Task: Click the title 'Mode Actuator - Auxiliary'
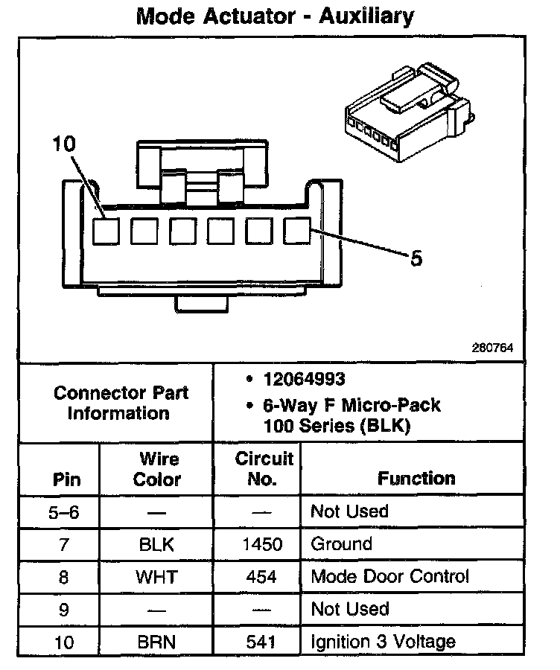click(275, 16)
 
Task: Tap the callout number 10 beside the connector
click(64, 144)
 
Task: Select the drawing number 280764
click(492, 348)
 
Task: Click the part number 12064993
click(304, 380)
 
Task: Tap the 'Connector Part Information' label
click(121, 403)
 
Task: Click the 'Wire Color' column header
click(156, 469)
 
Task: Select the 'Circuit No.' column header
click(264, 468)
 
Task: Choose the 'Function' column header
click(416, 478)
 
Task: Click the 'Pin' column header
click(66, 479)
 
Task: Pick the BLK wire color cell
click(156, 544)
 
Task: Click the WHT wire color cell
click(156, 577)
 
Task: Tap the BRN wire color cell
click(156, 642)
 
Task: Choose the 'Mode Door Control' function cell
click(389, 576)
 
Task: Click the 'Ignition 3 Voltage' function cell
click(383, 641)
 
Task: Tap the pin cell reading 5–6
click(65, 512)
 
